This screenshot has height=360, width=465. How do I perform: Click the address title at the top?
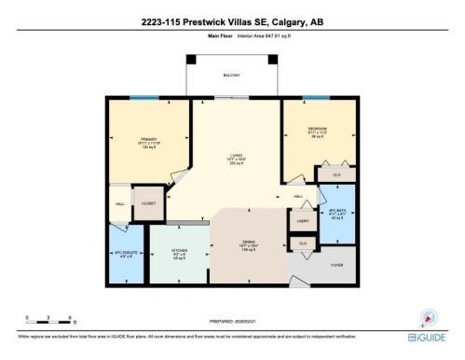(232, 21)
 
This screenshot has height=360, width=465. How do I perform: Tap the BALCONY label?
(231, 76)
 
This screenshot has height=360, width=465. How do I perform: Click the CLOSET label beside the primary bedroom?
(148, 201)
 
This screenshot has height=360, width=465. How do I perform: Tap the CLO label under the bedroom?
(336, 173)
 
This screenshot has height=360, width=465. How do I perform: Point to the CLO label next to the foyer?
(302, 243)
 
